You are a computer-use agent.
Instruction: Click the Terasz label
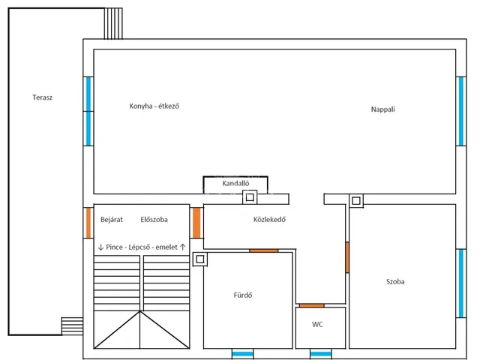point(42,97)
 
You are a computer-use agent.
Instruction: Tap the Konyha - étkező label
point(154,106)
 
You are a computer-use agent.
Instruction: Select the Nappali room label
point(383,109)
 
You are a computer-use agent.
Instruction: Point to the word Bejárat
point(112,220)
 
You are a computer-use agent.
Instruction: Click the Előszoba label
point(154,220)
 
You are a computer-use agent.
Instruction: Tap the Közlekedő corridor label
point(269,220)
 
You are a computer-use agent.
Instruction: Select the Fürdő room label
point(243,295)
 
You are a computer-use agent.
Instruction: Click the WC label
point(317,325)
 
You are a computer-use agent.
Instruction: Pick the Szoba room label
point(395,282)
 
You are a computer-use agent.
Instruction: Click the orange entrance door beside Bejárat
point(88,223)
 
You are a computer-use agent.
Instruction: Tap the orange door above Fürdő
point(263,250)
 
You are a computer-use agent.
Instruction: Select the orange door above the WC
point(312,305)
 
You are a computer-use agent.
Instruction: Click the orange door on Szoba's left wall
point(347,257)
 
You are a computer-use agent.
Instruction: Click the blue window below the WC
point(320,354)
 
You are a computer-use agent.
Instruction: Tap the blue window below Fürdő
point(242,354)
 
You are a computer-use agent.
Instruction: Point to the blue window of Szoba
point(461,283)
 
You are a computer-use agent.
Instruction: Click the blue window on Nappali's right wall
point(461,112)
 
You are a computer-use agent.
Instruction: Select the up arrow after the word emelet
point(183,247)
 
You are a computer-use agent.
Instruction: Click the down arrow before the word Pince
point(100,247)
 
